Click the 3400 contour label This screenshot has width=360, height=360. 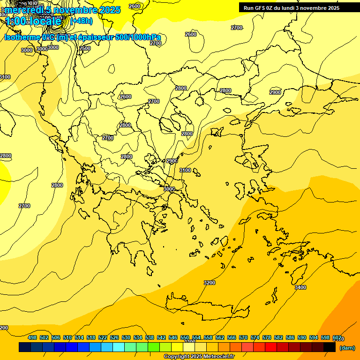click(300, 287)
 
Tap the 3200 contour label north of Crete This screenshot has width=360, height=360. click(210, 283)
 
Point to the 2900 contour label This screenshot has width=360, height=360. click(275, 92)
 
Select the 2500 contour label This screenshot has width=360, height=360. click(85, 48)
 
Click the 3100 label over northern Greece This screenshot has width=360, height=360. click(185, 170)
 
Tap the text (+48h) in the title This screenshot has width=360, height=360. click(81, 21)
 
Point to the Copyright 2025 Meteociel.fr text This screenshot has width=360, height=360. click(199, 357)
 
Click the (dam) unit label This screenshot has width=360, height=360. click(346, 348)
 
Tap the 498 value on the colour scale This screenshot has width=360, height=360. click(32, 337)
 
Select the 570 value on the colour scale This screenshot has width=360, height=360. click(243, 337)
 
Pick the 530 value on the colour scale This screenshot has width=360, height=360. click(126, 337)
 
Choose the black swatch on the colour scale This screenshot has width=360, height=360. click(330, 347)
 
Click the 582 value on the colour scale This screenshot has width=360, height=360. click(278, 337)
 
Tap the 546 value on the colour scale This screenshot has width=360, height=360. click(173, 337)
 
